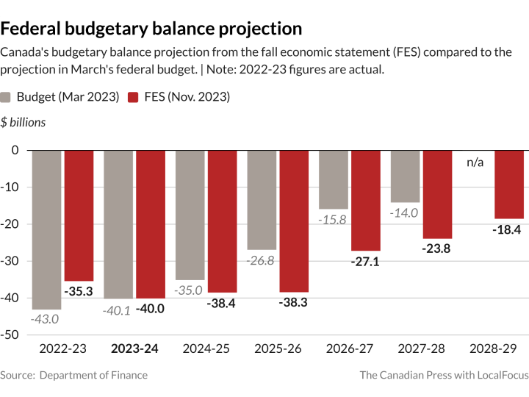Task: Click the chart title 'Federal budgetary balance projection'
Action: click(x=151, y=29)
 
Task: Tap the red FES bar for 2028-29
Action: click(x=508, y=184)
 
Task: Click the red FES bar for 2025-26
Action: click(x=293, y=221)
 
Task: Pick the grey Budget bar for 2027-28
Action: click(x=405, y=176)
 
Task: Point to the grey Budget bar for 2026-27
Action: click(x=333, y=179)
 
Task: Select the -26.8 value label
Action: click(x=261, y=260)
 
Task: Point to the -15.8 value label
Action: click(x=333, y=219)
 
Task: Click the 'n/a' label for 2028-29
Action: click(x=475, y=162)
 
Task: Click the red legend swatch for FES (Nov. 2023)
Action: click(x=133, y=97)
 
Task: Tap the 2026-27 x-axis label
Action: click(x=350, y=348)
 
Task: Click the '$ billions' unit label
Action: click(x=23, y=122)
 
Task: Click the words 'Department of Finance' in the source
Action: click(x=93, y=375)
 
